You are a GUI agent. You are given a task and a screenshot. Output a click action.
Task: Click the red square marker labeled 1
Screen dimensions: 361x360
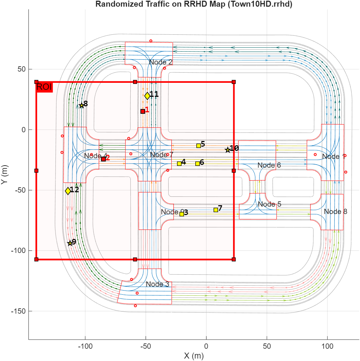click(x=143, y=111)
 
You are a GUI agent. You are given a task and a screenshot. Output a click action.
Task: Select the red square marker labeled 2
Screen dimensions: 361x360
click(x=104, y=159)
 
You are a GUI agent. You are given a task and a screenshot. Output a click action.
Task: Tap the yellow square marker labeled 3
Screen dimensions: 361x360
click(x=182, y=214)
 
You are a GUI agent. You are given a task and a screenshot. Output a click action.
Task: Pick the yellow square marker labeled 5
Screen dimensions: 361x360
click(x=198, y=146)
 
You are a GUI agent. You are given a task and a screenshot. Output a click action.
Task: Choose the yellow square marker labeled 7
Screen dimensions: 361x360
click(x=216, y=210)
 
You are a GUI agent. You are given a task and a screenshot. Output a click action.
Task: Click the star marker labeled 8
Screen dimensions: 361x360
click(x=81, y=105)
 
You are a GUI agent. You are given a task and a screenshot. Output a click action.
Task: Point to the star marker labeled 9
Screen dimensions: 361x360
click(x=70, y=243)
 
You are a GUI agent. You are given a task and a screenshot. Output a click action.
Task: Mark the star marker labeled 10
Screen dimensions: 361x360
click(x=228, y=150)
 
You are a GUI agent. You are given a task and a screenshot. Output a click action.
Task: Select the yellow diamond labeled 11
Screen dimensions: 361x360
click(x=147, y=96)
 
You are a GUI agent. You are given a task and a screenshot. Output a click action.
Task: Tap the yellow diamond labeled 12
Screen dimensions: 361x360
click(x=68, y=191)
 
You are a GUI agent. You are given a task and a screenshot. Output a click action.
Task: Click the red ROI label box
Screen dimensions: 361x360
click(x=44, y=87)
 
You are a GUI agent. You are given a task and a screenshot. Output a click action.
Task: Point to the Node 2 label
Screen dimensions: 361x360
click(x=161, y=62)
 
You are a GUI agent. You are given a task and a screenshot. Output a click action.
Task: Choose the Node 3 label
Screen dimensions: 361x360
click(x=157, y=284)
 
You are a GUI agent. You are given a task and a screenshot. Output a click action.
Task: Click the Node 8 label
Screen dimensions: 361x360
click(x=335, y=212)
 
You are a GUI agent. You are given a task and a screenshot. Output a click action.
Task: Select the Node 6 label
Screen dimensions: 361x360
click(x=269, y=165)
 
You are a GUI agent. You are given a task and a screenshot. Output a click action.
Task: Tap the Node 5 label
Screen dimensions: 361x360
click(x=269, y=204)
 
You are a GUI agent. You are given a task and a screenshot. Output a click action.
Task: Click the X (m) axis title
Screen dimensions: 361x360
click(x=194, y=356)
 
